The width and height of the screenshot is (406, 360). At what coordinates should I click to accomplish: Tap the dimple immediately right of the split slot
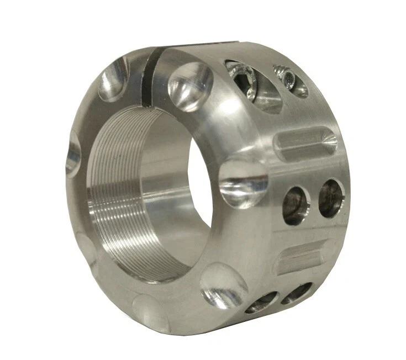coord(189,86)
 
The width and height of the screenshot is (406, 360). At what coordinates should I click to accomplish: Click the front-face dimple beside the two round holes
coord(242,182)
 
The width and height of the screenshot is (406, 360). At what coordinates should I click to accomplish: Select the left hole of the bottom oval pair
coord(262,302)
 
